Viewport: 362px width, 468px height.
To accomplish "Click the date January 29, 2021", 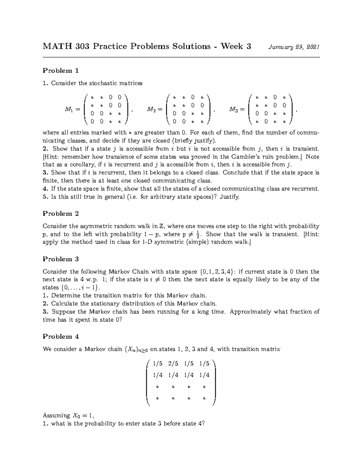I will [x=291, y=47].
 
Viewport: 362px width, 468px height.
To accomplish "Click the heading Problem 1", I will [x=61, y=71].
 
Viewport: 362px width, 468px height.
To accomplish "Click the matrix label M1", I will [x=68, y=109].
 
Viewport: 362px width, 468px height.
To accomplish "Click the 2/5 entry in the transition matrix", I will [x=173, y=364].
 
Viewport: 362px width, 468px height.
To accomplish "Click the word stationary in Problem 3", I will [x=95, y=303].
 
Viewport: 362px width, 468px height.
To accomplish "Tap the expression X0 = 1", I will [x=83, y=416].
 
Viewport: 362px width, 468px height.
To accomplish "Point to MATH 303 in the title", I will [x=66, y=46].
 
